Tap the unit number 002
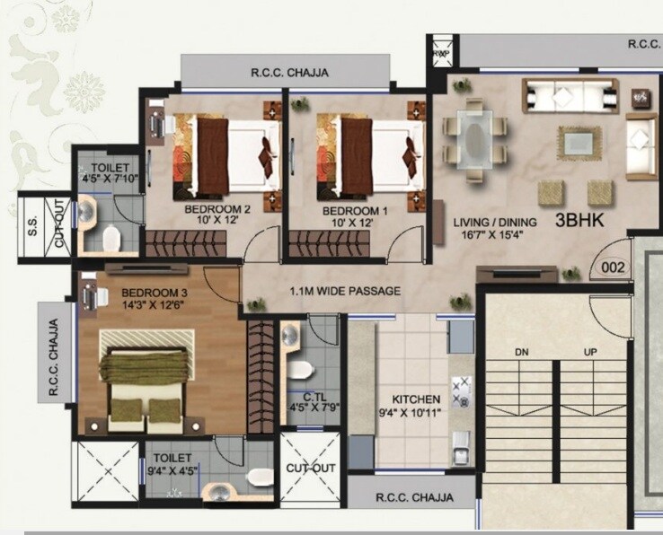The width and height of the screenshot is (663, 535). point(613,267)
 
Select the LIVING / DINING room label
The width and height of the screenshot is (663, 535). point(494,223)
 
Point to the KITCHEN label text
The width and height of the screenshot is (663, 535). point(415,399)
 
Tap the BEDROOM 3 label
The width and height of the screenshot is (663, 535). point(155,293)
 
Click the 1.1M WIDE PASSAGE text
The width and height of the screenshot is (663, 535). point(345,291)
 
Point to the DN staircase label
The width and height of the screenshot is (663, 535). point(521,352)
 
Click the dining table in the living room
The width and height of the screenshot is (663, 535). point(475,136)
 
